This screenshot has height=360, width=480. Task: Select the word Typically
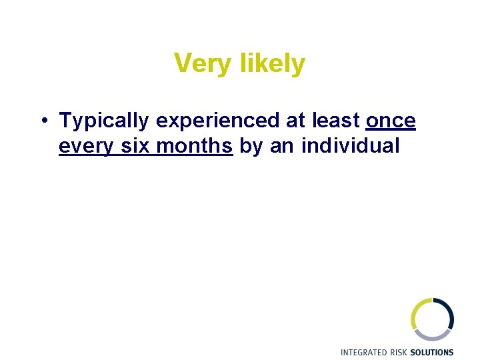point(104,121)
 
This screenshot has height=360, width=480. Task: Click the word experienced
point(217,121)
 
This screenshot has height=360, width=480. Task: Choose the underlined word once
point(391,121)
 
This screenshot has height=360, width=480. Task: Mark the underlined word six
point(136,146)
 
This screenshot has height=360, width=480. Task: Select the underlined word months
point(194,146)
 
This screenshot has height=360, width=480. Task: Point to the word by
point(251,146)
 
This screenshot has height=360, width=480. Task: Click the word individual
point(351,146)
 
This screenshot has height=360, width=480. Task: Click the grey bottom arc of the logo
point(433,335)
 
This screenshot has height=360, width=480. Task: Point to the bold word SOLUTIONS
point(433,353)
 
